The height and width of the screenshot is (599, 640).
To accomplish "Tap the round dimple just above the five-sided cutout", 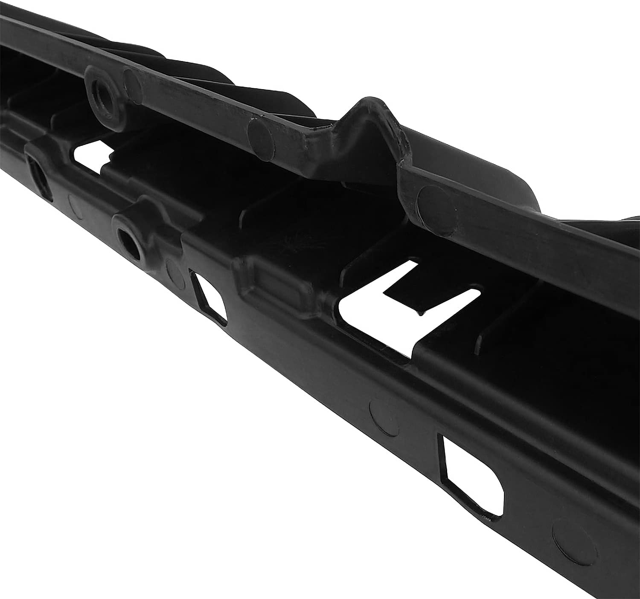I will (384, 417).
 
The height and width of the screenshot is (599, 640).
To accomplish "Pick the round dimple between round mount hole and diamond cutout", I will (174, 269).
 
